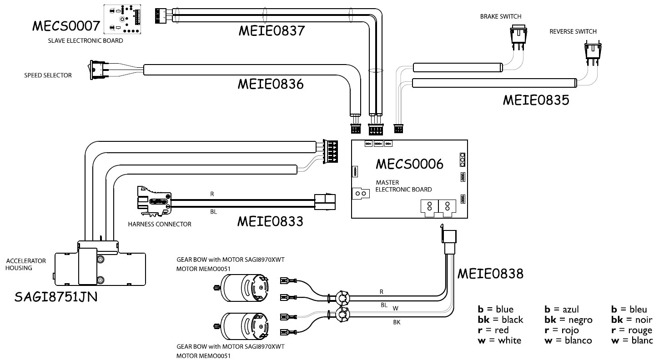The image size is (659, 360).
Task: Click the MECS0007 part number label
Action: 65,26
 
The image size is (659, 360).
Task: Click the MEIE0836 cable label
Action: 271,85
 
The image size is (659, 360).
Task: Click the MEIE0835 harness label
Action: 535,100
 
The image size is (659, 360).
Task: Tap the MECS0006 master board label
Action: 409,164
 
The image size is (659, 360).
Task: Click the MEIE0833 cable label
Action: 270,221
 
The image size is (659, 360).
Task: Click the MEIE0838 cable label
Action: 490,274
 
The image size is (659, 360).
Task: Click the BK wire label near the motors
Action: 397,323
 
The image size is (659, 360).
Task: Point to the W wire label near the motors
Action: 395,308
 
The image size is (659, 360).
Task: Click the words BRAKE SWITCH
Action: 500,17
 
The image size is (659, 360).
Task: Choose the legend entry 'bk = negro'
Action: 568,320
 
